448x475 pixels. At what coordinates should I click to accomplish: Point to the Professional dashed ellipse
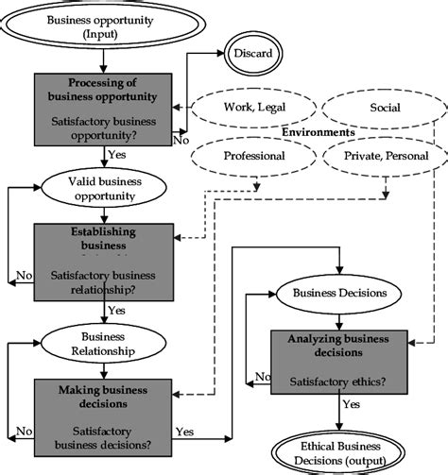253,156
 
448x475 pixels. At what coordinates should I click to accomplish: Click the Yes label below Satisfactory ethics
351,404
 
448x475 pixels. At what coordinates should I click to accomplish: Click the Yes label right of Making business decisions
184,431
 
